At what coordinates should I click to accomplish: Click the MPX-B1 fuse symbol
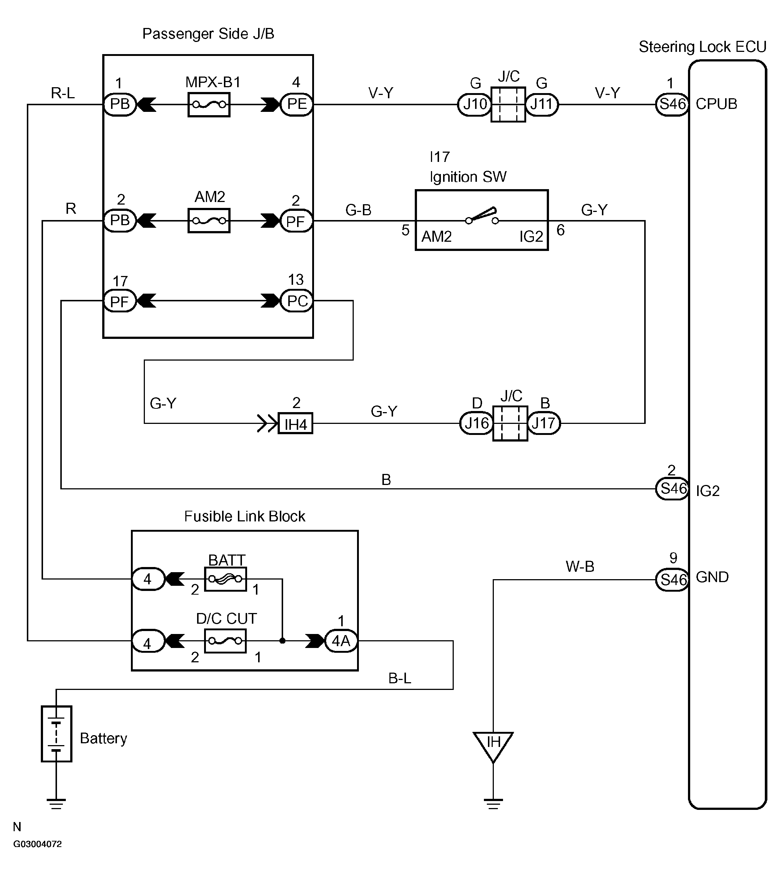[x=209, y=105]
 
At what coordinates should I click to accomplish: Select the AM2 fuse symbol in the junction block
[x=209, y=221]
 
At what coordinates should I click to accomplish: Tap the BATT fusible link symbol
[x=225, y=579]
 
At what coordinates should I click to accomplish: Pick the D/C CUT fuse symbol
[x=225, y=641]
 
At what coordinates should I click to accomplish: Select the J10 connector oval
[x=475, y=104]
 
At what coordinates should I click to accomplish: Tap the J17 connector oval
[x=544, y=423]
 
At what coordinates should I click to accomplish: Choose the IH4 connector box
[x=296, y=424]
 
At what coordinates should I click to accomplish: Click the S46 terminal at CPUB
[x=673, y=104]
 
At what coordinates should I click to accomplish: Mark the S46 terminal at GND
[x=673, y=580]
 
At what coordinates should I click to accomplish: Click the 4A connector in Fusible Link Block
[x=341, y=641]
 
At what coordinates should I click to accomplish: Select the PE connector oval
[x=296, y=104]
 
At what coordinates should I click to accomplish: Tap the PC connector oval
[x=296, y=301]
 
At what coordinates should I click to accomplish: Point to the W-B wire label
[x=580, y=567]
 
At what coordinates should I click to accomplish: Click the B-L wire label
[x=400, y=679]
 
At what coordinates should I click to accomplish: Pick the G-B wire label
[x=358, y=210]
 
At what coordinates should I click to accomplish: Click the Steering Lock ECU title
[x=702, y=47]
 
